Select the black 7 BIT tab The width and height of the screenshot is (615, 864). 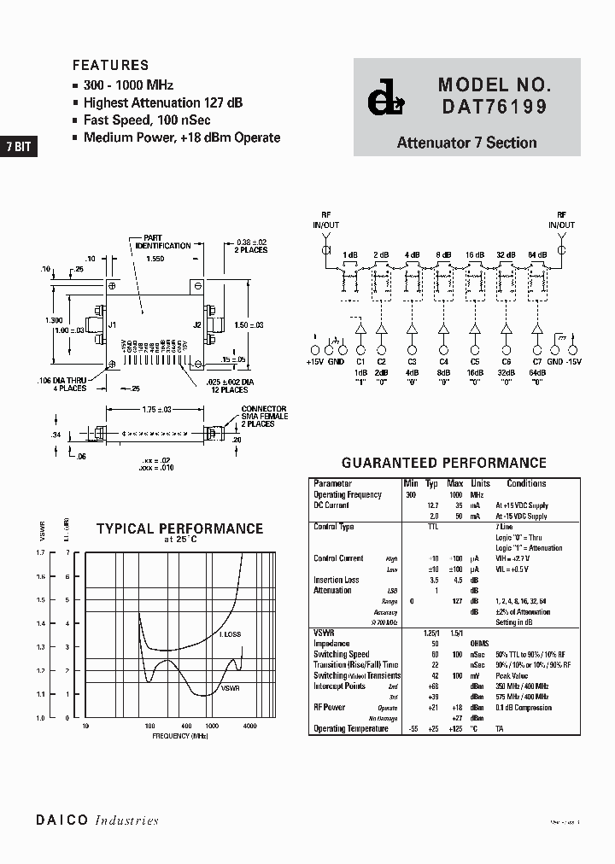(x=18, y=146)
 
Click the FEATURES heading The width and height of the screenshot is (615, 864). (x=110, y=65)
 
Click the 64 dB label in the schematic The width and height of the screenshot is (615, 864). (x=537, y=255)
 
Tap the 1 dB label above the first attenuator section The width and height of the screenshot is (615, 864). (x=350, y=255)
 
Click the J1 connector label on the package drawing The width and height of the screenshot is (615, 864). (x=112, y=324)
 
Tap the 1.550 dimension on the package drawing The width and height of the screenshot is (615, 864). (x=155, y=258)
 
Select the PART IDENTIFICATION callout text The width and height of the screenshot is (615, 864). (x=162, y=242)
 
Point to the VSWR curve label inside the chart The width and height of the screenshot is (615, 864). (x=231, y=687)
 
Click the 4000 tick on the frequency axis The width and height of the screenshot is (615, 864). (x=249, y=726)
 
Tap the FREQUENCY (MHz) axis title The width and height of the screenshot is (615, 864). (x=180, y=735)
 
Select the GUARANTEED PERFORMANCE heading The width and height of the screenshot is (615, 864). (x=443, y=463)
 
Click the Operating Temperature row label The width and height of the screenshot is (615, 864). (x=353, y=728)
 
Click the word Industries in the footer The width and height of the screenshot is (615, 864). (x=126, y=820)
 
